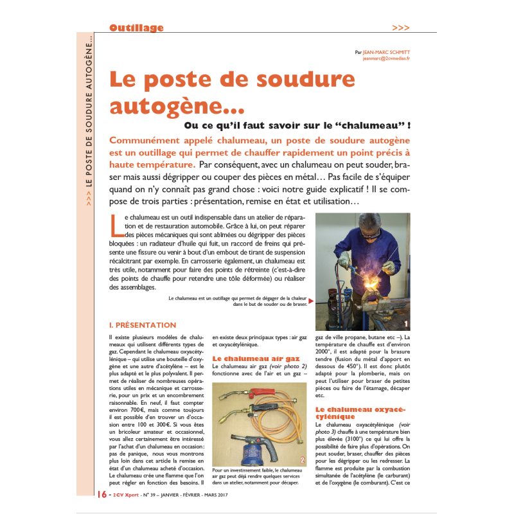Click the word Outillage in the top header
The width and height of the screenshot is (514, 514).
[136, 28]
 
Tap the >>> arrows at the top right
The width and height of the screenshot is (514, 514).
[400, 28]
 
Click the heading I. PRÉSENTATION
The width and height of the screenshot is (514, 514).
[143, 325]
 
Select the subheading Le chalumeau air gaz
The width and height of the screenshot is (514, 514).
[256, 358]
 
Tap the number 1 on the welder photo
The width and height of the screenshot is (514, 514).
[406, 323]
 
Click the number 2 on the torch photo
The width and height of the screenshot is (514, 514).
[302, 460]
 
